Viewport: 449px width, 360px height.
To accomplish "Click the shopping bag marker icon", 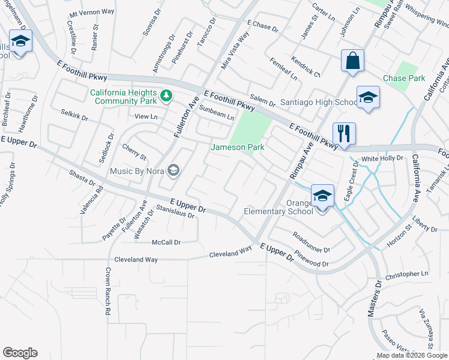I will (353, 61).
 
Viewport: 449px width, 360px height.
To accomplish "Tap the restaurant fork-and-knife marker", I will (344, 133).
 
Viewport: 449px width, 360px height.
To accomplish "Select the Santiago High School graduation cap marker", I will (367, 97).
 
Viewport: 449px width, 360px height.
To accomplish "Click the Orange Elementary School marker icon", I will (322, 196).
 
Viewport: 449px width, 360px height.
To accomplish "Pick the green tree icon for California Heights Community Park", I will (166, 95).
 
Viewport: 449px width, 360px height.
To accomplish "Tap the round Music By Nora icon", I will (173, 172).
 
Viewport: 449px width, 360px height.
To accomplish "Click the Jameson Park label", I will (237, 148).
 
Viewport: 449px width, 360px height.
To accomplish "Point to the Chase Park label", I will (404, 79).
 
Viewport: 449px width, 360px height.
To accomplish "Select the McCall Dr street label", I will (166, 242).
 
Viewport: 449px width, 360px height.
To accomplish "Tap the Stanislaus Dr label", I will (175, 211).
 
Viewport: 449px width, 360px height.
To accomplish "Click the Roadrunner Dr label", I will (311, 242).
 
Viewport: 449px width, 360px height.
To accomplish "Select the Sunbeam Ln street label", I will (216, 113).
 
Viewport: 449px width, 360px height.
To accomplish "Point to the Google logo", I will (20, 353).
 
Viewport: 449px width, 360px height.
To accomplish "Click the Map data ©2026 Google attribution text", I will (412, 355).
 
